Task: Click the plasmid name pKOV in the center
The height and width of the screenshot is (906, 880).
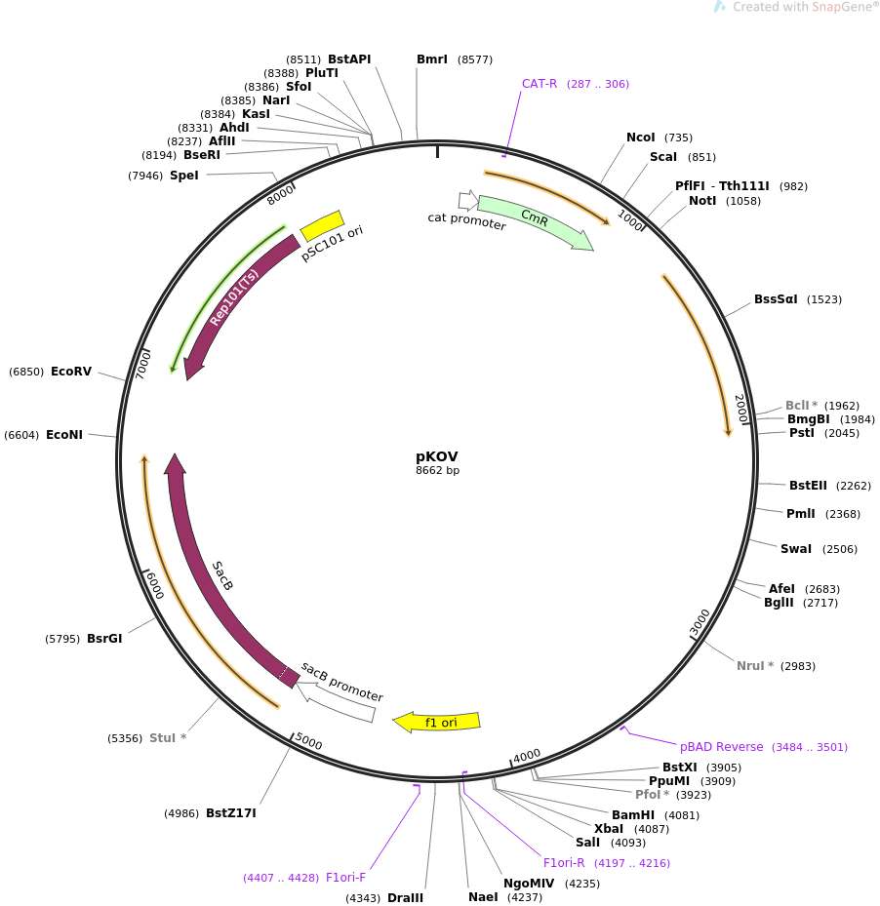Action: pos(436,456)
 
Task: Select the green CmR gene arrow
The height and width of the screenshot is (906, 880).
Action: pos(534,220)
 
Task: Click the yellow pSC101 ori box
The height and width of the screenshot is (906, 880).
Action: pos(322,225)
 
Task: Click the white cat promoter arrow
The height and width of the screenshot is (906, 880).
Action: pos(468,201)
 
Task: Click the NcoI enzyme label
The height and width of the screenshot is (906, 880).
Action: pos(641,138)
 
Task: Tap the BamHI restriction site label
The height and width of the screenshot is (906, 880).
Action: pos(633,815)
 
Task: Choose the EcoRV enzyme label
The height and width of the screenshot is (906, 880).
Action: pos(71,372)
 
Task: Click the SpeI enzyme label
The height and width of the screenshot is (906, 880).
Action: pos(183,176)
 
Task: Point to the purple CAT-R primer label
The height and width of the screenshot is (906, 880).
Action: pos(540,84)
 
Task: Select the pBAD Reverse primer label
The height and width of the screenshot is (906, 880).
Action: pos(722,747)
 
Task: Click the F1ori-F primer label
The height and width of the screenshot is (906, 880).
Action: pos(345,878)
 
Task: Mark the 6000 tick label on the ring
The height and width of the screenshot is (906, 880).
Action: pos(154,586)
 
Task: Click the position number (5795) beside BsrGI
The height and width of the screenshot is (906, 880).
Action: pos(62,640)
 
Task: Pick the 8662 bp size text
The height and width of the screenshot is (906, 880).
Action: pos(437,471)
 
